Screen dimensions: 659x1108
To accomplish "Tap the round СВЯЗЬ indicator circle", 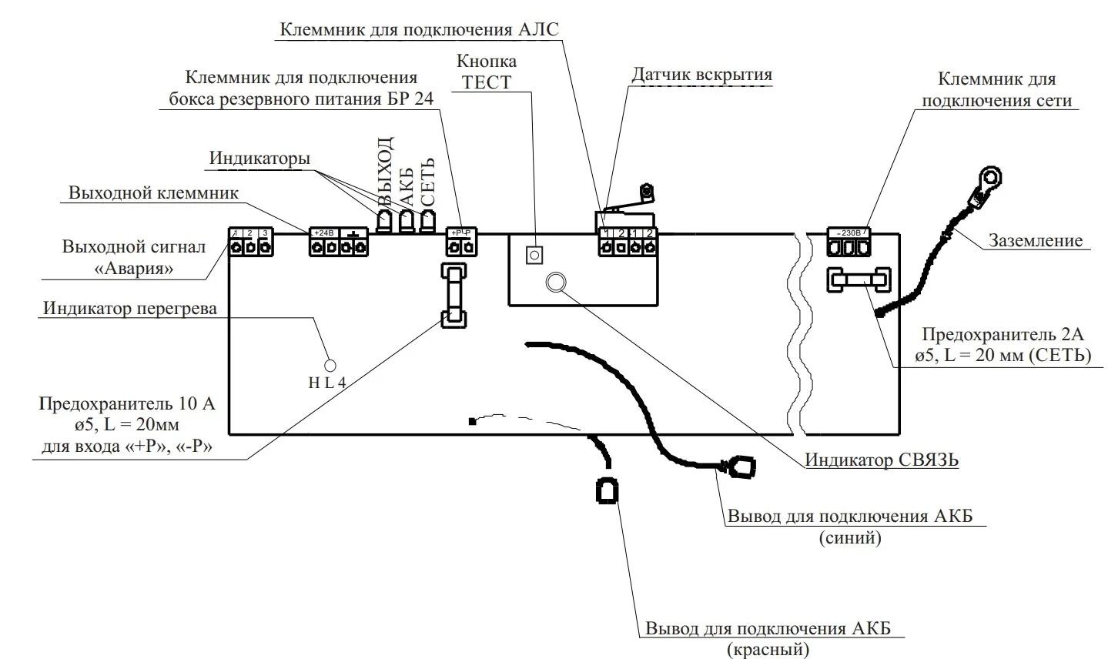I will pyautogui.click(x=554, y=283).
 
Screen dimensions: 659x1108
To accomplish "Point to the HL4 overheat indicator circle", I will pyautogui.click(x=330, y=365).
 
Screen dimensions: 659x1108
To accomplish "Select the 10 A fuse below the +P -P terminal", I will pyautogui.click(x=454, y=296).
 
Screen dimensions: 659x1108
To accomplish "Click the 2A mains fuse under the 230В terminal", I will pyautogui.click(x=859, y=280).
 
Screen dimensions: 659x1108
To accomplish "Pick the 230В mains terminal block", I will pyautogui.click(x=849, y=243).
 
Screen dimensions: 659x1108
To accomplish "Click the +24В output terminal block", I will pyautogui.click(x=338, y=242).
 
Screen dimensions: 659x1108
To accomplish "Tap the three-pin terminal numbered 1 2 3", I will pyautogui.click(x=250, y=242).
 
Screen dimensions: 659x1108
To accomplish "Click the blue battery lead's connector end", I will pyautogui.click(x=741, y=467).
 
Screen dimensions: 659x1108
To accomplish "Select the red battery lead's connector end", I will pyautogui.click(x=607, y=490).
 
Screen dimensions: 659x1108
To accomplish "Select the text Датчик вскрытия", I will pyautogui.click(x=701, y=75).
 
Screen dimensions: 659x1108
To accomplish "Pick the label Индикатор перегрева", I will pyautogui.click(x=130, y=308).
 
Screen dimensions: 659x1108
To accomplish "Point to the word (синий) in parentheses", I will pyautogui.click(x=850, y=537).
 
